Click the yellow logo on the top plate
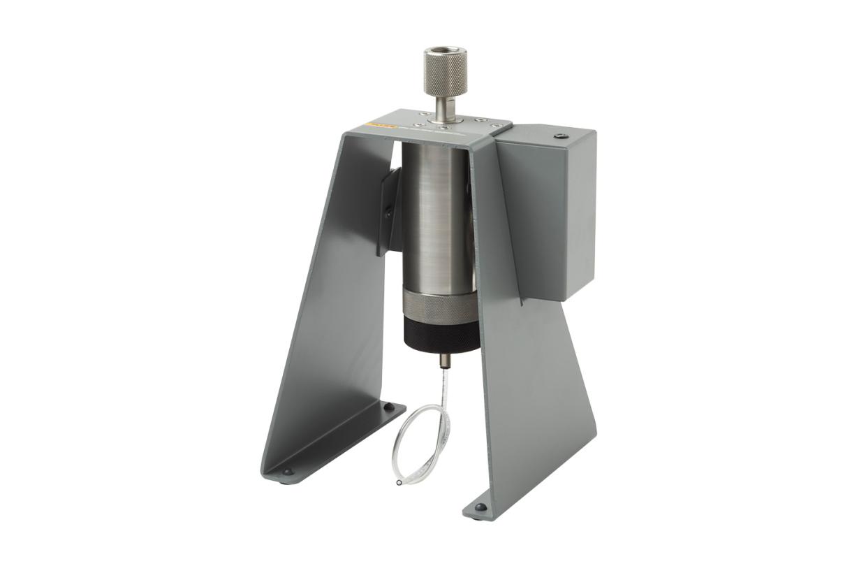pos(380,129)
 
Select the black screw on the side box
pos(557,137)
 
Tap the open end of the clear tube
pos(398,482)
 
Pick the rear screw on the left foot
pos(389,407)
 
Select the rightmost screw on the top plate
pos(494,126)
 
